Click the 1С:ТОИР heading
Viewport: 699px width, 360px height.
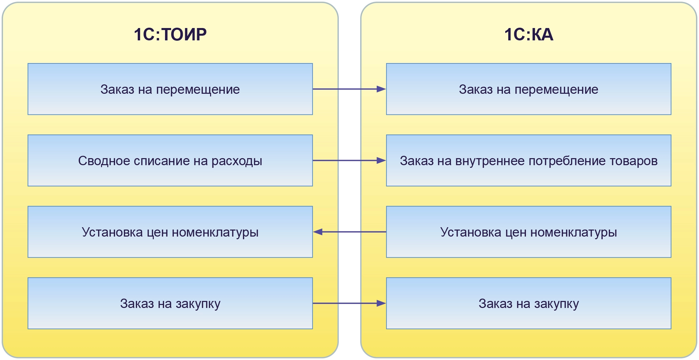pos(170,34)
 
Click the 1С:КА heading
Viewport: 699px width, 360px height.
pos(529,34)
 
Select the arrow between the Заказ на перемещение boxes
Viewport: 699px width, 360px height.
pos(349,89)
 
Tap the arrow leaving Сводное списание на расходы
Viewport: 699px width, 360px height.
pos(349,160)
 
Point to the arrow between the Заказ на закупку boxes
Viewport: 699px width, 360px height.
pos(349,303)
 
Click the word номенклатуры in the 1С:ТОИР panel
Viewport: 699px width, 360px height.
pos(215,232)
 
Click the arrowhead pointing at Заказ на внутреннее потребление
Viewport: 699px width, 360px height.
pos(381,160)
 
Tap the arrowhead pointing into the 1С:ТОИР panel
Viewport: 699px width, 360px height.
pos(318,232)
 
